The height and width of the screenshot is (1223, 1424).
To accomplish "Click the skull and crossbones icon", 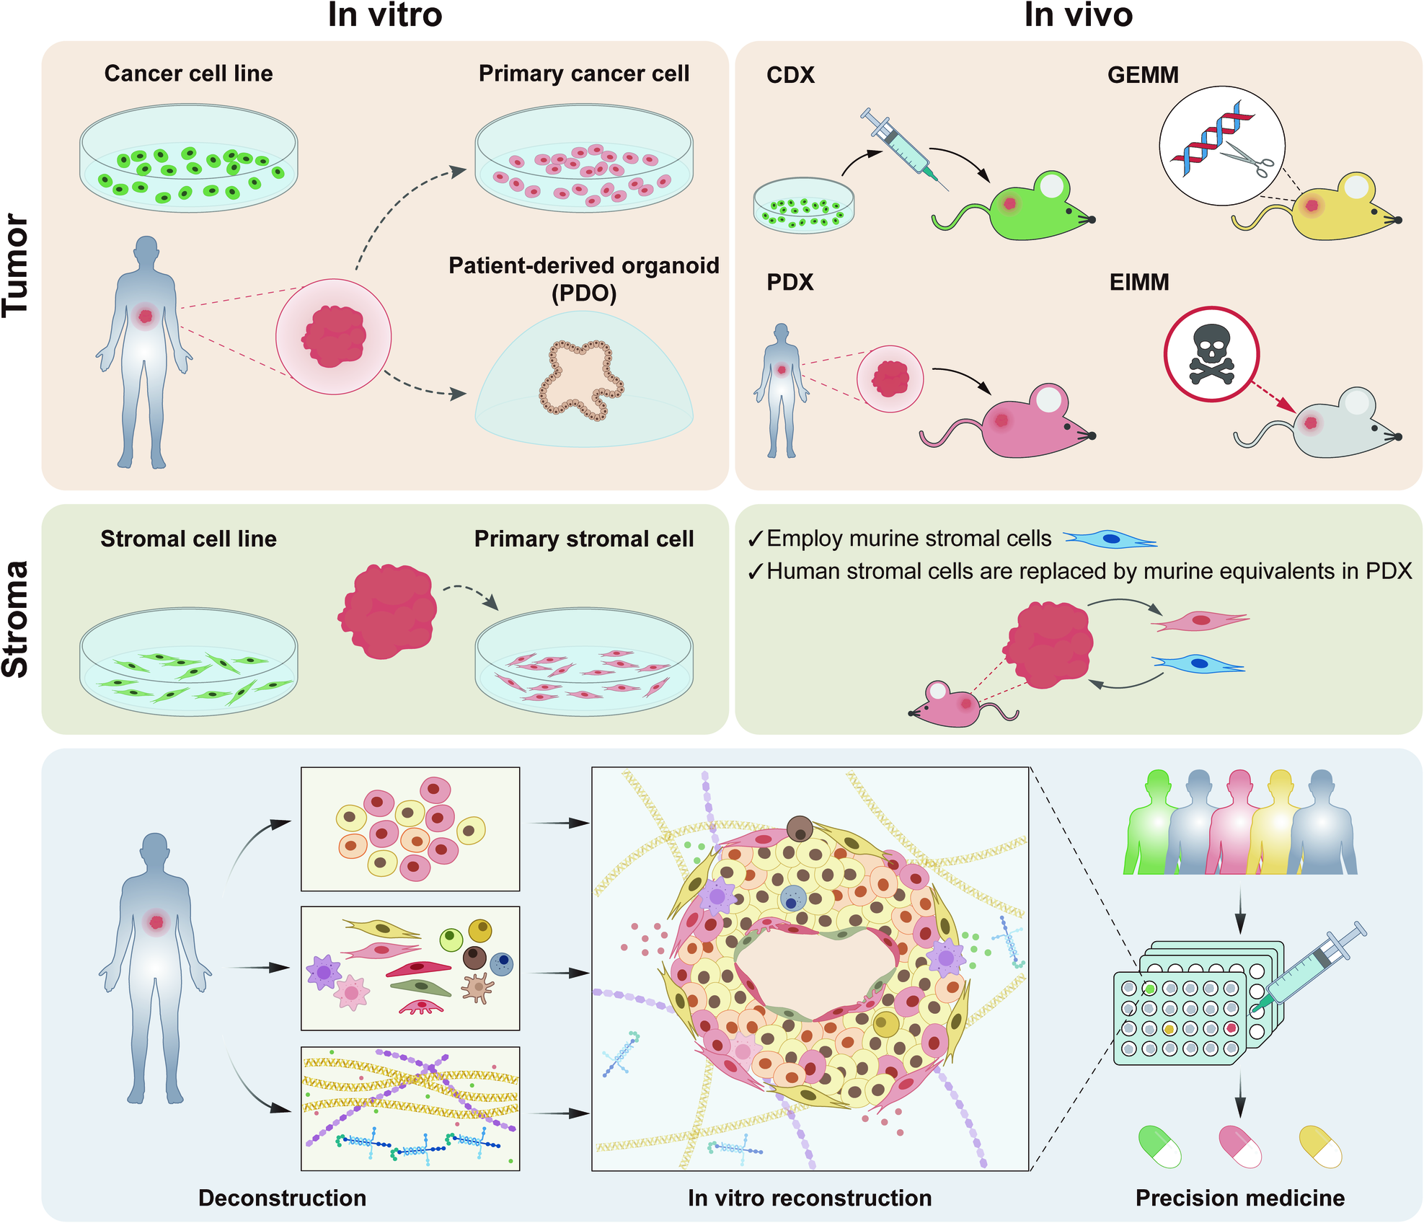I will coord(1211,353).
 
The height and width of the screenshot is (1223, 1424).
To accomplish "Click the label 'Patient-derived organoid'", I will coord(583,266).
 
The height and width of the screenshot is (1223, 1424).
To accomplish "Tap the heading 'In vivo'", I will coord(1078,15).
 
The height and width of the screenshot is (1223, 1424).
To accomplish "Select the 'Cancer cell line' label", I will coord(188,74).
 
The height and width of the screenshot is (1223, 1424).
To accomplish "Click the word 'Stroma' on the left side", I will coord(16,619).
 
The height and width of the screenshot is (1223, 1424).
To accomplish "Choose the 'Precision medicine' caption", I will coord(1239,1198).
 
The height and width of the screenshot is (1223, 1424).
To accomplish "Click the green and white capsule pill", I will coord(1159,1146).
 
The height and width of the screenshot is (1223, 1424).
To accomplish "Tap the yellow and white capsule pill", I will coord(1319,1146).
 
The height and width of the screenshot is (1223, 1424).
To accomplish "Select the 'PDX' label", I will coord(790,282).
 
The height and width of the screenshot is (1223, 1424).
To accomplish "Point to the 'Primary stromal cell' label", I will coord(583,539).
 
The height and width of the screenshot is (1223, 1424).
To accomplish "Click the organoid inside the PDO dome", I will coord(580,379).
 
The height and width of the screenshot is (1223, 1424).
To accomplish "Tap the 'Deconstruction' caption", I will coord(282,1198).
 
